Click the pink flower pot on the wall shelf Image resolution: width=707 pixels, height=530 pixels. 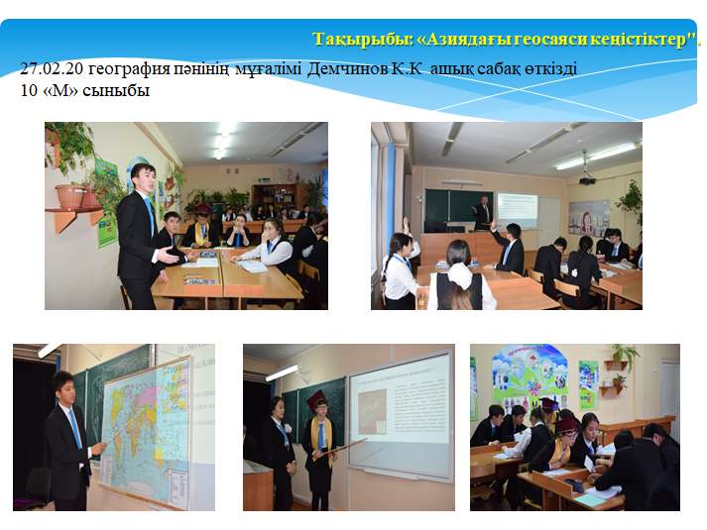[x=70, y=196]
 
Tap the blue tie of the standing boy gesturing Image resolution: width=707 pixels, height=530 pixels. [x=150, y=216]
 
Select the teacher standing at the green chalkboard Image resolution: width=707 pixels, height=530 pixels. [x=483, y=213]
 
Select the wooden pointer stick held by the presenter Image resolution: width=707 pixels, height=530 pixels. [x=339, y=450]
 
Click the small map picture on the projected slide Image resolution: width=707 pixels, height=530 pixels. [x=372, y=411]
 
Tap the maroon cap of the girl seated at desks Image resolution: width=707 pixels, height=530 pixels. [x=565, y=424]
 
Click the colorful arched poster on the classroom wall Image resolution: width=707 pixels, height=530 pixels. [x=530, y=377]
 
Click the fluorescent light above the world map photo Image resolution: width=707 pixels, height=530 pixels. [x=49, y=350]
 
